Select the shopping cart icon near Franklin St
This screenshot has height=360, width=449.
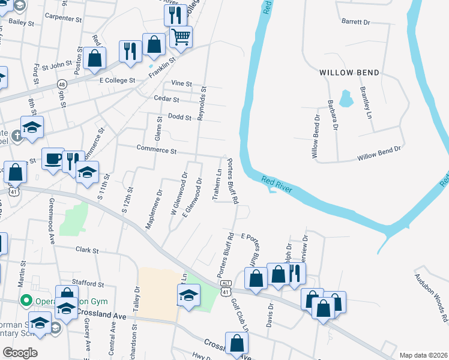[181, 37]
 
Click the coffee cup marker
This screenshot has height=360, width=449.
[53, 159]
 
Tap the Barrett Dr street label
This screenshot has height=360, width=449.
[357, 22]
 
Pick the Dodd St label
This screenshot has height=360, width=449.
[179, 117]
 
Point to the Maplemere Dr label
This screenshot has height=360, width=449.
[154, 209]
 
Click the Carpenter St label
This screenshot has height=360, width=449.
[63, 19]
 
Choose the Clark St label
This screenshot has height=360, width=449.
[87, 249]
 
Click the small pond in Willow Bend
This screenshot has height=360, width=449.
[345, 98]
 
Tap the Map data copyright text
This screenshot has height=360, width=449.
[423, 355]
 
